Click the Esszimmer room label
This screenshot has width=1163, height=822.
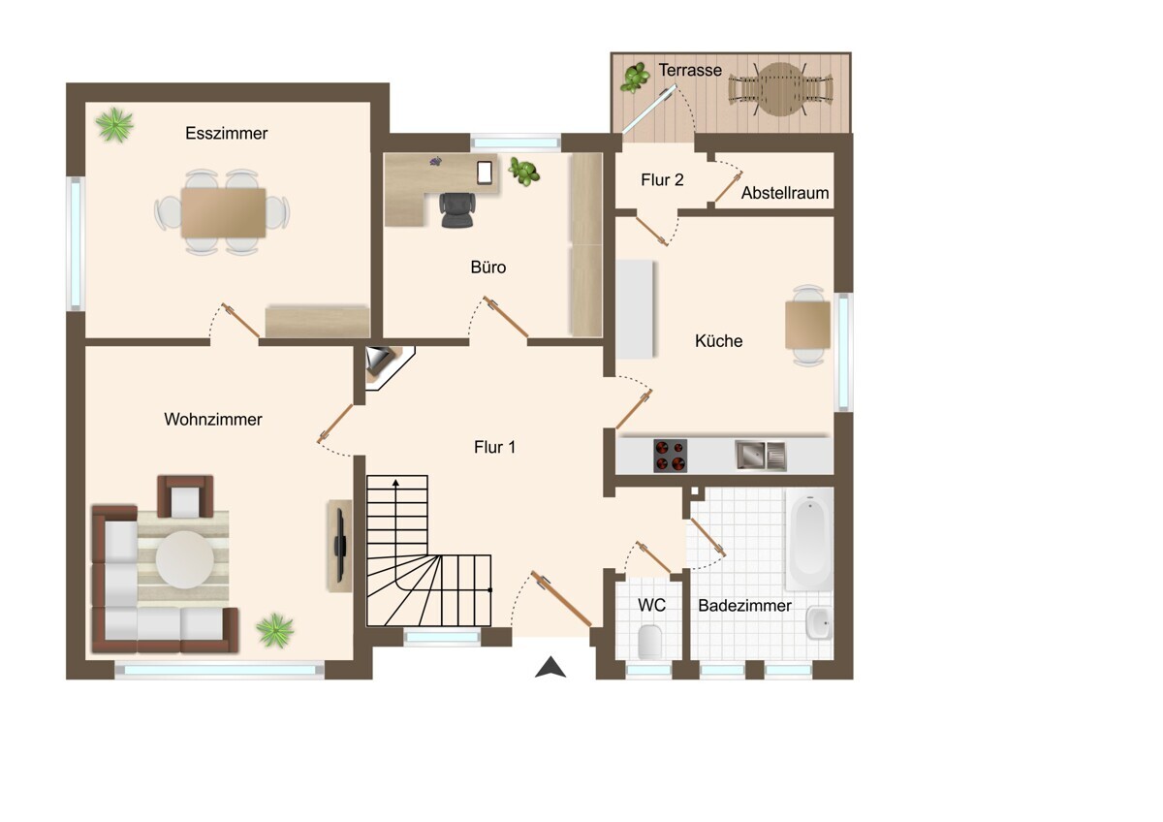point(227,134)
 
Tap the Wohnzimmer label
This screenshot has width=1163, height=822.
point(213,420)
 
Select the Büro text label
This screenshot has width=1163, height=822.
point(488,268)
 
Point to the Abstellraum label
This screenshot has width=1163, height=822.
point(784,193)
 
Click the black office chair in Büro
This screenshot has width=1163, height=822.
point(456,209)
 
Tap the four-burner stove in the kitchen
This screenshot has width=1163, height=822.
point(671,456)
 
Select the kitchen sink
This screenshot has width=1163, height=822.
point(761,456)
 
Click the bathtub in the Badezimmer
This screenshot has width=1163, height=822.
point(809,540)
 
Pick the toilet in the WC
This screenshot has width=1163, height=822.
point(649,642)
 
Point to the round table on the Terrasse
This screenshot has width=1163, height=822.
point(780,89)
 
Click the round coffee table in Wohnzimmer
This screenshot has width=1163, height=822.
point(185,559)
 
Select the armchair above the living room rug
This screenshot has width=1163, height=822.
point(185,496)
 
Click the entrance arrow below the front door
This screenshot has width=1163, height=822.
point(550,667)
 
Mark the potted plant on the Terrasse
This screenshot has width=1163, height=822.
point(635,78)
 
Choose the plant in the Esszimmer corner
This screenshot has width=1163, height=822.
point(114,125)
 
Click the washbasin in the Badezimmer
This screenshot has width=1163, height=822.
point(819,622)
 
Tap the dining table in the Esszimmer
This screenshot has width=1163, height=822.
point(223,213)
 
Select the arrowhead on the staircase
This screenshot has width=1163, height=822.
point(395,483)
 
